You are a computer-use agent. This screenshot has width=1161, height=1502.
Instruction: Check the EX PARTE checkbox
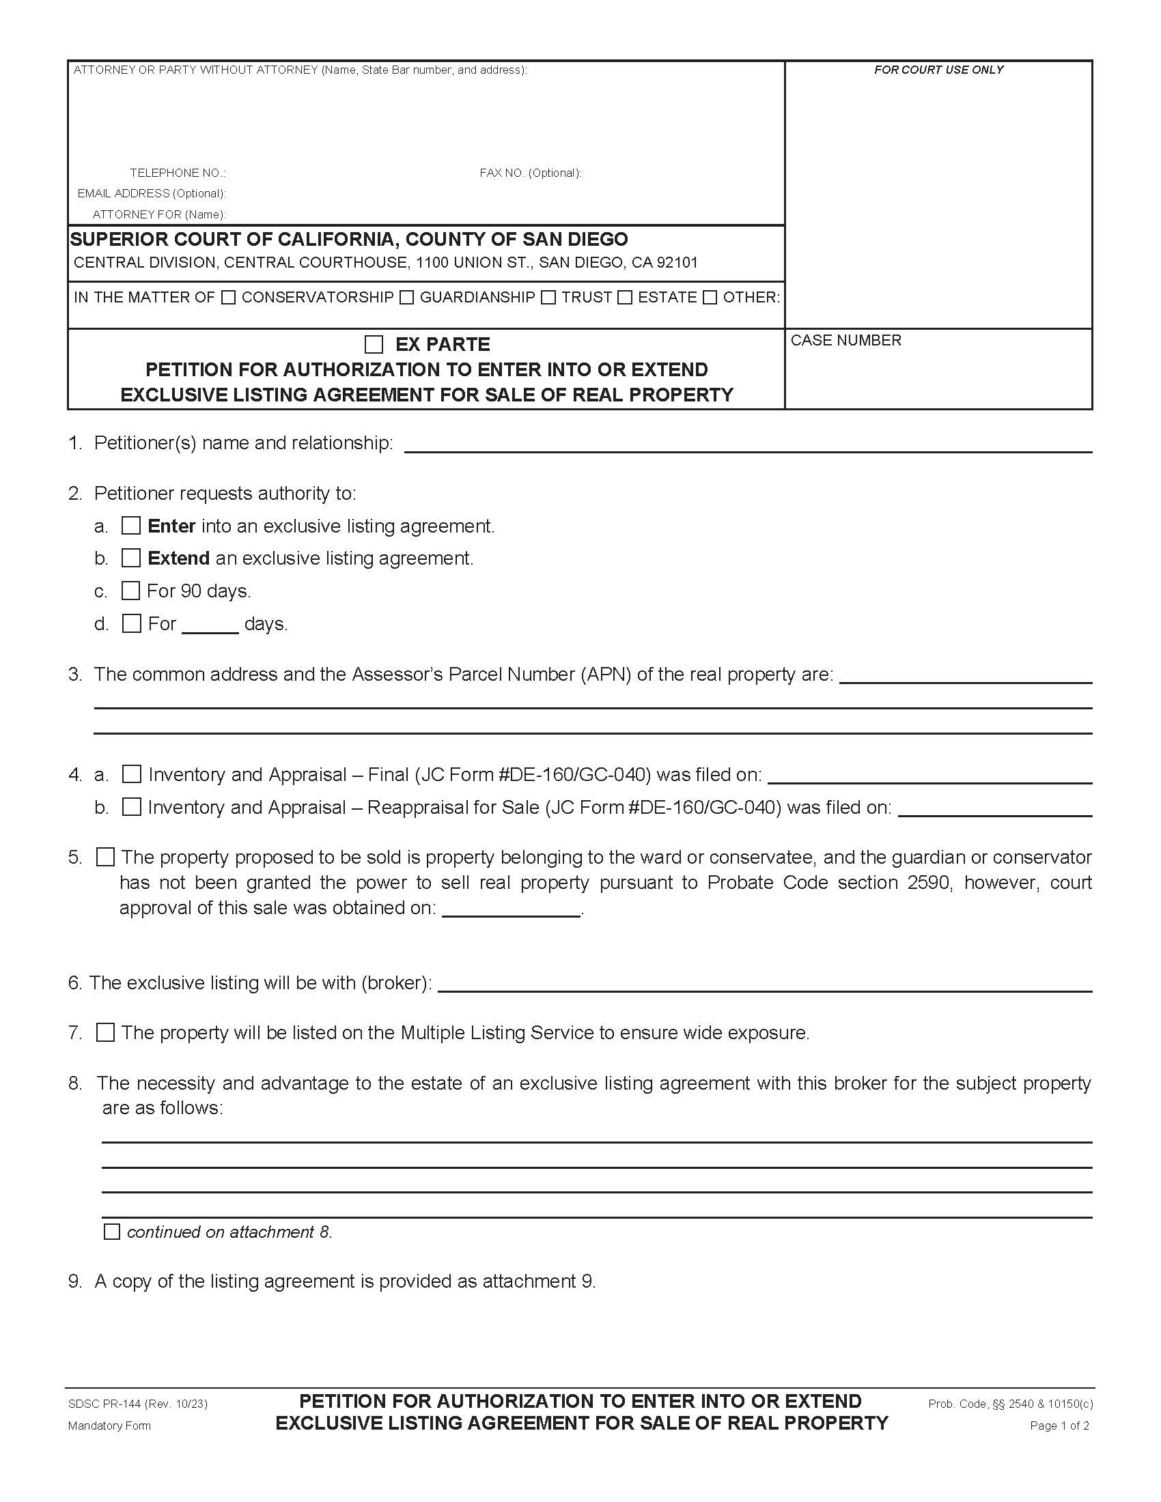(374, 344)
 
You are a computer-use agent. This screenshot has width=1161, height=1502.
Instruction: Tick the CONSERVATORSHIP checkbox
(228, 297)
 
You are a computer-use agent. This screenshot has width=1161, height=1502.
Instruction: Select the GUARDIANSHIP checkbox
(406, 297)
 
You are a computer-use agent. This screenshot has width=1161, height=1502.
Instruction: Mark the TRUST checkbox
(548, 297)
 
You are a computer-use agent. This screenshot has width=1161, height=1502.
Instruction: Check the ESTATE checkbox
(624, 297)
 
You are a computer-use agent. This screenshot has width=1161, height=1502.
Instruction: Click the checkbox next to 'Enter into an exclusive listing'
(130, 526)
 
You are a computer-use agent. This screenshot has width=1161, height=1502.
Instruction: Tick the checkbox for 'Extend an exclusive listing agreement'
(130, 558)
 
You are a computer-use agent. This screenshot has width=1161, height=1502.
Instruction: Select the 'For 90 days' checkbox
(130, 591)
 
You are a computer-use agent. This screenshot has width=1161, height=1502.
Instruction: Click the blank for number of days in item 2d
(210, 625)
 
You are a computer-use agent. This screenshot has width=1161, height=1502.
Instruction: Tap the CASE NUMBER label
(845, 341)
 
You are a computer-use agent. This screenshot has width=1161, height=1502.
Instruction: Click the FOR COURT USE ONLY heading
(938, 70)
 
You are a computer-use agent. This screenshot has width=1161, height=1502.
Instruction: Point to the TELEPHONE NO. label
(178, 173)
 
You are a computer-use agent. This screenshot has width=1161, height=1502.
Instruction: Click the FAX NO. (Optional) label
(529, 173)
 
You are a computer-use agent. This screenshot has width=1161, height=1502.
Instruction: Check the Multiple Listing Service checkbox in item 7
(105, 1032)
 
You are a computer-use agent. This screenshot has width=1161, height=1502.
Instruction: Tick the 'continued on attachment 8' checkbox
(111, 1231)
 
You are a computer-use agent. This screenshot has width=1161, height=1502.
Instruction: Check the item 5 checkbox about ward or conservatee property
(105, 857)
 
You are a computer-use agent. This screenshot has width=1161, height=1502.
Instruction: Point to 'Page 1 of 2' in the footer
(1059, 1426)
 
